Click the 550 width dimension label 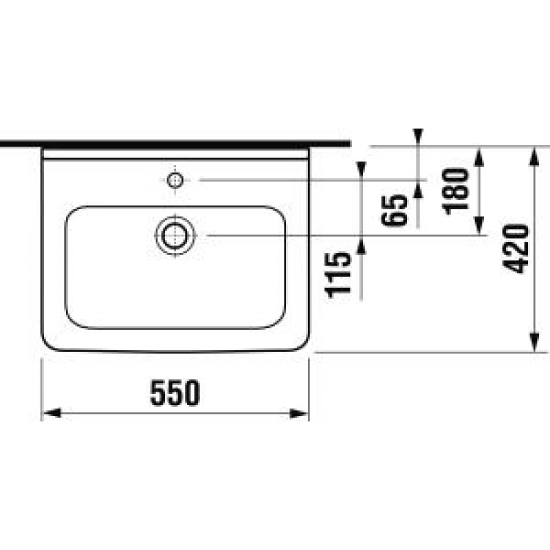pyautogui.click(x=175, y=393)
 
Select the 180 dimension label pyautogui.click(x=456, y=191)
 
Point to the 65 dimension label pyautogui.click(x=394, y=210)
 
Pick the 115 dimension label pyautogui.click(x=338, y=274)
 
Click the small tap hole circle pyautogui.click(x=175, y=180)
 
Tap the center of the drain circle pyautogui.click(x=175, y=235)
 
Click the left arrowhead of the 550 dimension pyautogui.click(x=51, y=413)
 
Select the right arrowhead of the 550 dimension pyautogui.click(x=299, y=413)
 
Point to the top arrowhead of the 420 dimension pyautogui.click(x=534, y=157)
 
